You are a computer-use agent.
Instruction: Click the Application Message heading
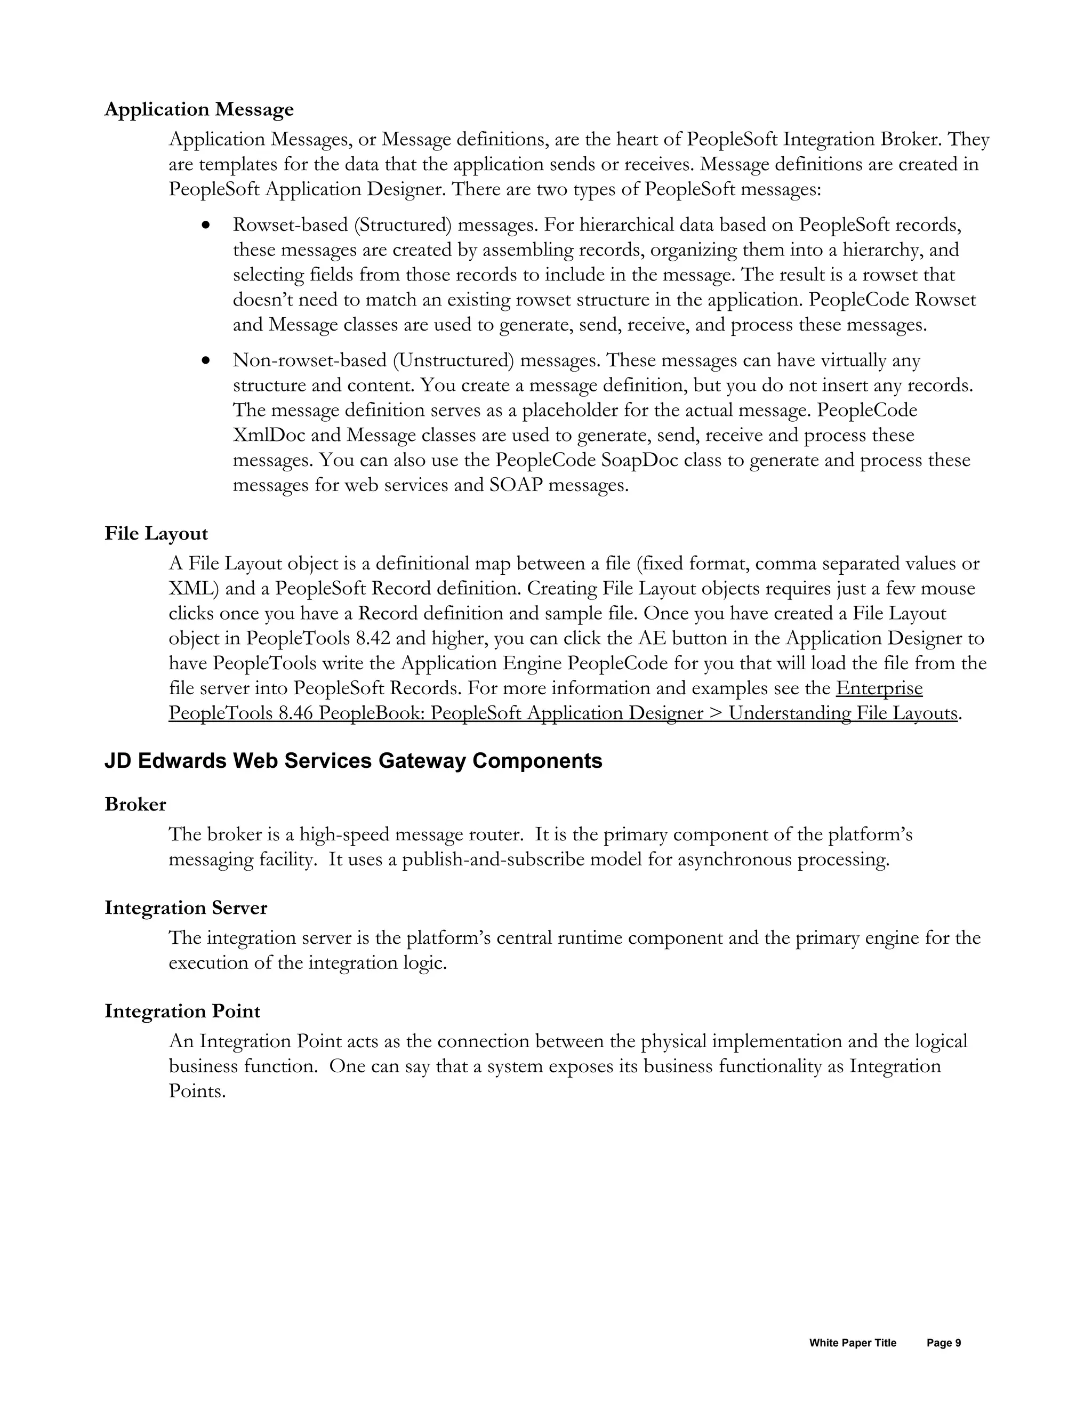(198, 109)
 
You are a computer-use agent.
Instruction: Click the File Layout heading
(156, 534)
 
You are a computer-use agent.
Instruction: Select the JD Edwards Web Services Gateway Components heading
(353, 761)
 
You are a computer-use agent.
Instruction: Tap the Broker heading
(135, 804)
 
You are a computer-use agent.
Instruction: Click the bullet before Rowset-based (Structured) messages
(206, 226)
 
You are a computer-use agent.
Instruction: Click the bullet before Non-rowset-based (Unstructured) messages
(206, 360)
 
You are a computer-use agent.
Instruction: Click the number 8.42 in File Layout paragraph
(373, 639)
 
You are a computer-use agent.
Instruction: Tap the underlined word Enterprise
(879, 688)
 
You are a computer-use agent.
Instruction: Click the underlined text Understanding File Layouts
(843, 713)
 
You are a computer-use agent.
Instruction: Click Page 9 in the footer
(943, 1343)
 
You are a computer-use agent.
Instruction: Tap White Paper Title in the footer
(852, 1343)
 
